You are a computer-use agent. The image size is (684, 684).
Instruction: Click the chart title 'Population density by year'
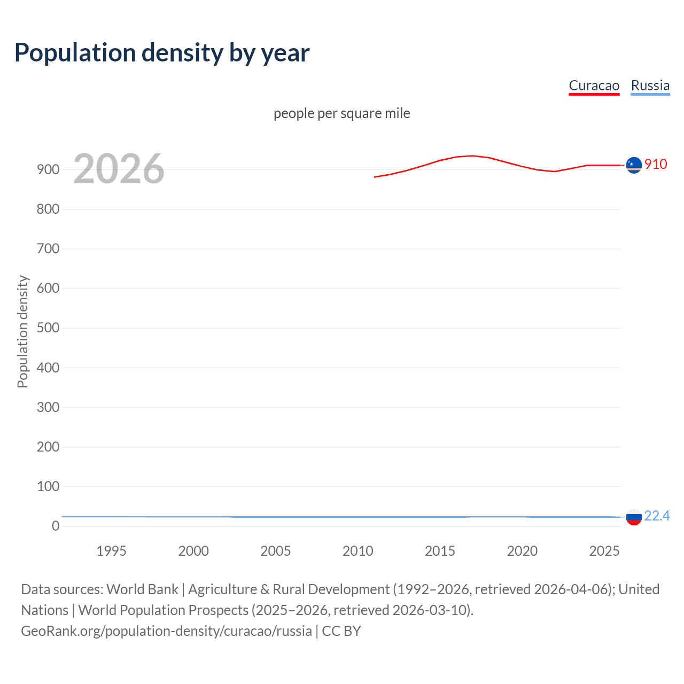162,53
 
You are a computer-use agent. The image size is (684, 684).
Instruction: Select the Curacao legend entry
594,85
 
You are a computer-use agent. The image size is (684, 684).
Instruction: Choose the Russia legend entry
650,85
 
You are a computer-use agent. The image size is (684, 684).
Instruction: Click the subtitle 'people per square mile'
341,113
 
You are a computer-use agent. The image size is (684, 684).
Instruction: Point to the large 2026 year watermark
119,169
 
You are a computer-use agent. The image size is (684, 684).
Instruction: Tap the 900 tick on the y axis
48,169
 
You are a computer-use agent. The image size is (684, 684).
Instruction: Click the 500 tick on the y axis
48,328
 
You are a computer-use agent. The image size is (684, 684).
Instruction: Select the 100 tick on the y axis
48,486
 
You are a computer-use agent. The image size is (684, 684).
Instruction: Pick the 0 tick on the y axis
56,526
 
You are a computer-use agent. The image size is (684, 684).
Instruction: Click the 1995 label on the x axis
111,551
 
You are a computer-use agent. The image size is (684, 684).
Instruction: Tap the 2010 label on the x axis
357,551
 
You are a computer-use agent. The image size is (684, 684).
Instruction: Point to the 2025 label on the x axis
604,551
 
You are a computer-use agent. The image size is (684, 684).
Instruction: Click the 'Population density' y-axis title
22,331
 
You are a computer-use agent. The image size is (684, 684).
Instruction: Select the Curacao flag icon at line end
634,165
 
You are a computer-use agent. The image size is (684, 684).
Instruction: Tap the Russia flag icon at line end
634,517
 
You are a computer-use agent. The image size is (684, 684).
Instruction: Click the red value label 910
656,164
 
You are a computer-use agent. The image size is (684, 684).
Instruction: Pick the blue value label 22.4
657,516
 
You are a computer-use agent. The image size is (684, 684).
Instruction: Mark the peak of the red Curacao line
472,156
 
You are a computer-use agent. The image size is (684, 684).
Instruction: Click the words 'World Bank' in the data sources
142,589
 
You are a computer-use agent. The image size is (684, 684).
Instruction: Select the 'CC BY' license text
341,631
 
